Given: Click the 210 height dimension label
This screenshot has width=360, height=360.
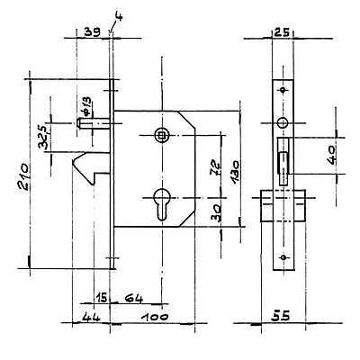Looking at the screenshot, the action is (23, 176).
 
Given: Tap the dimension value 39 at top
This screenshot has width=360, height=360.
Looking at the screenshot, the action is (92, 32).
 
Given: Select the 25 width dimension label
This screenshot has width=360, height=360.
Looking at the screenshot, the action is (282, 32).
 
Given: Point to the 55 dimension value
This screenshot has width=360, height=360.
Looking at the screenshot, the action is (281, 316).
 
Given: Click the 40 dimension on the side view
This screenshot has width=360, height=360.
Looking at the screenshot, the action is (332, 156).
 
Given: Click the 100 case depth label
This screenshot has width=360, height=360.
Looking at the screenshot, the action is (156, 317).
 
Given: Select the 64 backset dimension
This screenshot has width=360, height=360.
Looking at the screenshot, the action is (134, 298).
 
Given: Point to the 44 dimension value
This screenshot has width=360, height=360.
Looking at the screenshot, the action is (92, 317).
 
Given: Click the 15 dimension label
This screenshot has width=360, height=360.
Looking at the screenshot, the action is (102, 298).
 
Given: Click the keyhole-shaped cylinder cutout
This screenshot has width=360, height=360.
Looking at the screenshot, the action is (162, 204).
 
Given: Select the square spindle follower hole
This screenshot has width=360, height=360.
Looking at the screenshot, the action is (162, 136).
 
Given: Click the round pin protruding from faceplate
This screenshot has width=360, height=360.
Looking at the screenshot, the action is (94, 123).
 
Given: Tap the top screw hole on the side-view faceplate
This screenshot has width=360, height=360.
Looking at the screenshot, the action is (283, 90).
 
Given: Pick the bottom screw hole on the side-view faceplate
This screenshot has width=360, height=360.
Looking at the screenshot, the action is (283, 257).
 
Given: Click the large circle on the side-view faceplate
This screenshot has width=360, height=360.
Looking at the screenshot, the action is (283, 122).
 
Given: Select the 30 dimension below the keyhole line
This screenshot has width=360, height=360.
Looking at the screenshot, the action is (217, 212).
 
